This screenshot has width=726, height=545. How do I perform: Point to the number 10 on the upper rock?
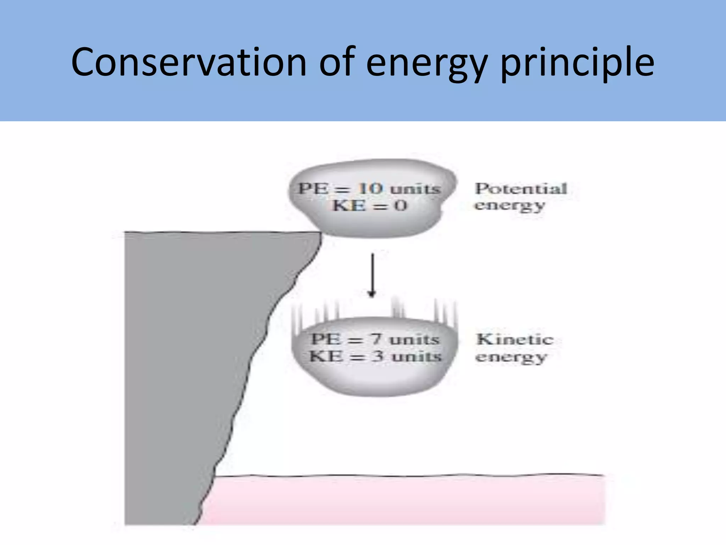[370, 188]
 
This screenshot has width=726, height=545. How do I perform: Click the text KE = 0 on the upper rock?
[370, 205]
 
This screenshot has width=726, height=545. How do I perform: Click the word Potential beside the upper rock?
[521, 188]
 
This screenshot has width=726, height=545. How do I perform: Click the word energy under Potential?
[509, 205]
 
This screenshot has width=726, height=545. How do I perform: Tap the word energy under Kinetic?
[511, 357]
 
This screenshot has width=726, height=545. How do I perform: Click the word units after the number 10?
[415, 188]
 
